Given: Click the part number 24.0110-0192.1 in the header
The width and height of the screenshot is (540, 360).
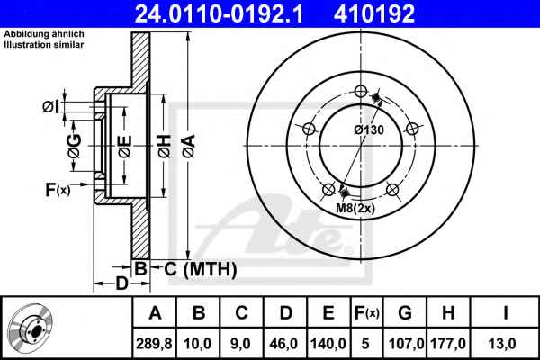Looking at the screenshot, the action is point(219,13).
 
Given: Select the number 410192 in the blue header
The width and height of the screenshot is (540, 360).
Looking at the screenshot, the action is point(374,13).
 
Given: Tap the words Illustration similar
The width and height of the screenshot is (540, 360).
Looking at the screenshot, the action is point(44,45).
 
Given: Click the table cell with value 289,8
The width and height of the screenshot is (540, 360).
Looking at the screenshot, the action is point(154,344).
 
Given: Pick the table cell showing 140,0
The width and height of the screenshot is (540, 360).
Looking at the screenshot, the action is point(328,344).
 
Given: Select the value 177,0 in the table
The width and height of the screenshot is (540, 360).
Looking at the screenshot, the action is point(448,344).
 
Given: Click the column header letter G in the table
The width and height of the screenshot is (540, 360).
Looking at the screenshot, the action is point(405,313).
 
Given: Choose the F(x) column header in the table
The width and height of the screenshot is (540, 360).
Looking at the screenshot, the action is point(367,313).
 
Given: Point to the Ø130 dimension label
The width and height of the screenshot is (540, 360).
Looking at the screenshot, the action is point(369,130).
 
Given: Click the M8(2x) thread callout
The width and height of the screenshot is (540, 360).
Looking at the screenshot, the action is point(355,208).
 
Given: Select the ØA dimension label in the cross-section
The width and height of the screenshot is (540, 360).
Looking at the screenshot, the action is point(189,147).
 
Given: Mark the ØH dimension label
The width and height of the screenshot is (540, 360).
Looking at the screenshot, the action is point(165,147).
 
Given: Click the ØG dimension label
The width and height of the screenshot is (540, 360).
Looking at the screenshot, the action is point(75,146).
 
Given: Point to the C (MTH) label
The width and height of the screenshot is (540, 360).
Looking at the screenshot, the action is point(201,269).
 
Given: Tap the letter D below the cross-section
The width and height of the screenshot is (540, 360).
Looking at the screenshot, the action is point(121,283).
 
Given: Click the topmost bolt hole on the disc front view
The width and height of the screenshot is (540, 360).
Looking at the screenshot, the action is point(361,91).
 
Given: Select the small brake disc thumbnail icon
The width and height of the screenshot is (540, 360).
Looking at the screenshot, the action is point(31,328).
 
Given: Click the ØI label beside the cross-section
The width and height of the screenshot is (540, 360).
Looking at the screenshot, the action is point(51,107).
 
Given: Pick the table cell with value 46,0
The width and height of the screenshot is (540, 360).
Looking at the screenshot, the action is point(283,344).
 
